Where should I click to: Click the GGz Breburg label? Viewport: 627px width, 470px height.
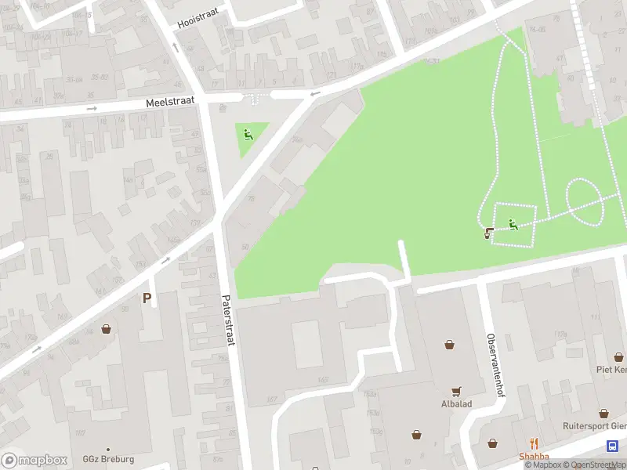[108, 459]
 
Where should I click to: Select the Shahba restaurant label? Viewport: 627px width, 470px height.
[534, 457]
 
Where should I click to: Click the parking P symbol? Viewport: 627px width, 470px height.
[147, 298]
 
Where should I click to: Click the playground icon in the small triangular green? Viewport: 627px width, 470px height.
[248, 135]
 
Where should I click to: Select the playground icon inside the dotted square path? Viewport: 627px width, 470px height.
[513, 225]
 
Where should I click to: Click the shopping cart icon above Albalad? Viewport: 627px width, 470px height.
[455, 392]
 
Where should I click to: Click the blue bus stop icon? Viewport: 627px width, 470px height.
[611, 445]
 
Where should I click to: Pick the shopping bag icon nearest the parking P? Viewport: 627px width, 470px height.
[105, 329]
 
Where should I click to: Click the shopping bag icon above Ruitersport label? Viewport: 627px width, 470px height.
[604, 413]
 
